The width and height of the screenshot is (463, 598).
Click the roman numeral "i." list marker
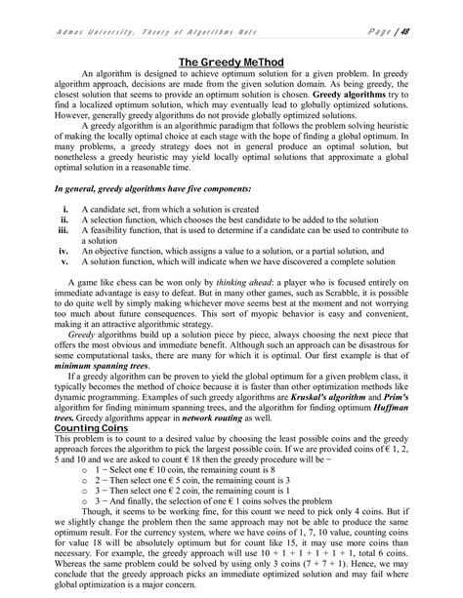(64, 210)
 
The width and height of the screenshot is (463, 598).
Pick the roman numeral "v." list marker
(64, 261)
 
